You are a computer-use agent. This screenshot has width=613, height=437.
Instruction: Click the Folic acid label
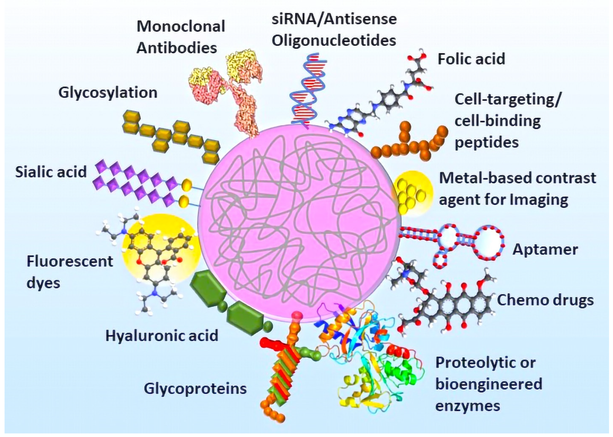[x=471, y=59]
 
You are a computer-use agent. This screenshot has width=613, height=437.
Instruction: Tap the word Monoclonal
[x=181, y=26]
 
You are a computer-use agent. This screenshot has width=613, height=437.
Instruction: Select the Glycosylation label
[x=108, y=93]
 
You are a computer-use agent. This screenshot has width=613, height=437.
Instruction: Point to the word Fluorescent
[x=70, y=261]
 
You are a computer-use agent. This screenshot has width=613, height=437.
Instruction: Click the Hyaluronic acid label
[x=162, y=335]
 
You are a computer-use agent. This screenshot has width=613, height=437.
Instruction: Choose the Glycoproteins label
[x=195, y=389]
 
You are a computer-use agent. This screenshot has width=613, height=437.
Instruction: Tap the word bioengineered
[x=488, y=384]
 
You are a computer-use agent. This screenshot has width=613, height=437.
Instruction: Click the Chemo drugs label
[x=545, y=300]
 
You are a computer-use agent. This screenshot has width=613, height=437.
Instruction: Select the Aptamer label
[x=545, y=249]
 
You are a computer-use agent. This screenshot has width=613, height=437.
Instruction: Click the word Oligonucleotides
[x=334, y=40]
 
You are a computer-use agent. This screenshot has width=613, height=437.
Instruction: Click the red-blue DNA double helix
[x=308, y=89]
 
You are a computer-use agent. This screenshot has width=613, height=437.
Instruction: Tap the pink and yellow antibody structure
[x=237, y=89]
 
